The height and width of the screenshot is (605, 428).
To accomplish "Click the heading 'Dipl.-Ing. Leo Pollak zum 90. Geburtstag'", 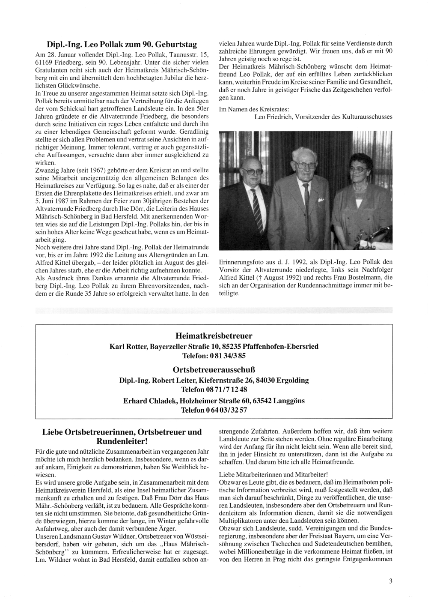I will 122,44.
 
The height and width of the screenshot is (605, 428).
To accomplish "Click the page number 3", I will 391,581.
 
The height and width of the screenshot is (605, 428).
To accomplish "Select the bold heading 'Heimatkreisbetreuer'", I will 214,335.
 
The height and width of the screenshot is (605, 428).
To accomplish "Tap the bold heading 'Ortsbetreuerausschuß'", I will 214,369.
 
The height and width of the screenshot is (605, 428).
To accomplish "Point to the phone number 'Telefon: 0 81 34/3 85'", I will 214,356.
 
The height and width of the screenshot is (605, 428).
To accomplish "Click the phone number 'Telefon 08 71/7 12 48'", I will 214,389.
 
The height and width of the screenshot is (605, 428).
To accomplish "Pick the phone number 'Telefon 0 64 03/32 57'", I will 214,410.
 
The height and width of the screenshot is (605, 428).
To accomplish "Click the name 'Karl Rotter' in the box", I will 128,346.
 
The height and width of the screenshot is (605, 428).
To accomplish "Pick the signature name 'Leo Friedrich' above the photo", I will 273,117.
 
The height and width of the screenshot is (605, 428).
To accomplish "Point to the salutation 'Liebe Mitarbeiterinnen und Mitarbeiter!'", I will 273,474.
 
